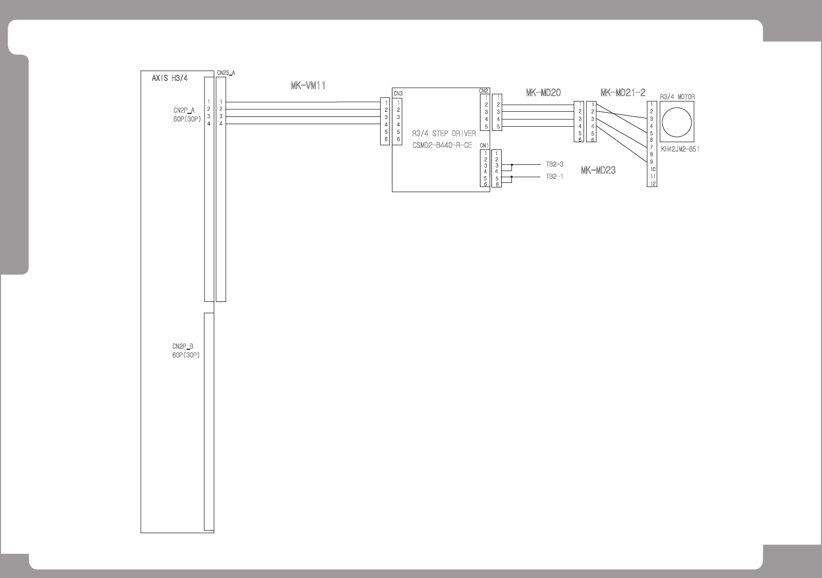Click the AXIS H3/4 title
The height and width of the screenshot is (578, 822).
[x=170, y=79]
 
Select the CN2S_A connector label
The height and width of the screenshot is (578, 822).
[x=226, y=73]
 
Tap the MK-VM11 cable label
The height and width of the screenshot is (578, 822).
[x=307, y=86]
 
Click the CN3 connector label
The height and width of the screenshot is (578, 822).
[x=398, y=94]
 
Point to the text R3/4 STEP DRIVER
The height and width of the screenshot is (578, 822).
[x=444, y=134]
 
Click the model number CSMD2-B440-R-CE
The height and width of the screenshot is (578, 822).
[x=442, y=145]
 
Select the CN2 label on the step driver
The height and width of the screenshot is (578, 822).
[x=484, y=91]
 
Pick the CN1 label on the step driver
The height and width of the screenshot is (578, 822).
[x=484, y=146]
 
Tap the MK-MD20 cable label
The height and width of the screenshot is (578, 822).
[x=543, y=93]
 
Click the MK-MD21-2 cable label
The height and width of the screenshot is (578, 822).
[x=623, y=93]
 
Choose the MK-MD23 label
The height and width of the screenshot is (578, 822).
[x=598, y=171]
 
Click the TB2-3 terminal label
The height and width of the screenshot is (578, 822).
[x=555, y=165]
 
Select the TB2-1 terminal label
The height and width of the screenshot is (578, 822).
[x=555, y=177]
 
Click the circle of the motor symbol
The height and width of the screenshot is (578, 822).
[x=676, y=122]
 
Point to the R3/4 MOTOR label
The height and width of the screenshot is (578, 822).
[x=677, y=97]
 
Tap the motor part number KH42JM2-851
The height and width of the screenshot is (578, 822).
[x=680, y=149]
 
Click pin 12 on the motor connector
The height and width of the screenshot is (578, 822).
[x=652, y=183]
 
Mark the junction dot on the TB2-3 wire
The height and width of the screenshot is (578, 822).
[x=511, y=165]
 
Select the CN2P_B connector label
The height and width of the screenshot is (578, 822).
[x=183, y=346]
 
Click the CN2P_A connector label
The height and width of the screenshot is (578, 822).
[x=184, y=110]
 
